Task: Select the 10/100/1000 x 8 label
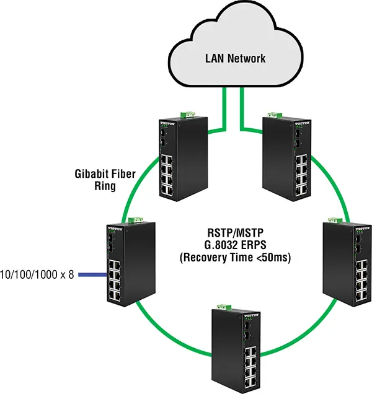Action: point(37,274)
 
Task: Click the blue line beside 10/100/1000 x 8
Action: point(90,273)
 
